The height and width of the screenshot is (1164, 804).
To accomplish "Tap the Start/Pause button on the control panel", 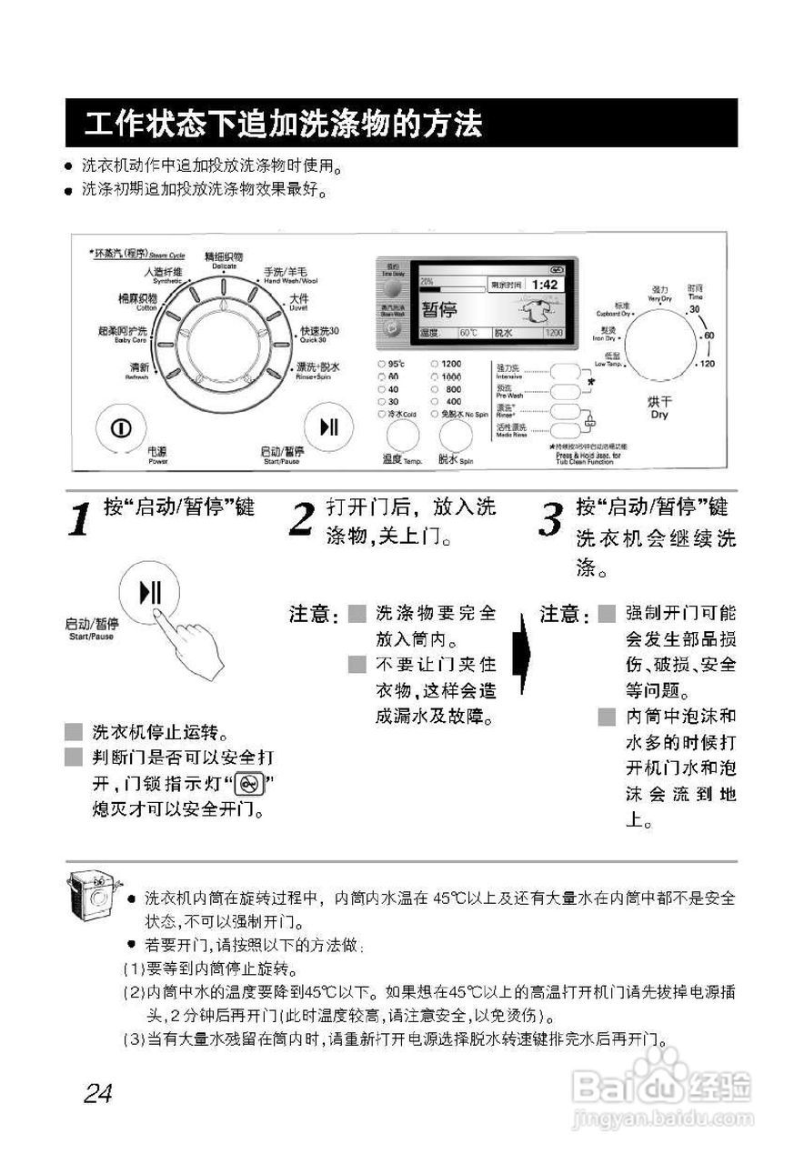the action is click(327, 427).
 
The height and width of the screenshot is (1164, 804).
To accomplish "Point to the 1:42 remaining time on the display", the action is click(545, 285).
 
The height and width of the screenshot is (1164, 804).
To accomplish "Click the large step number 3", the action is click(550, 520).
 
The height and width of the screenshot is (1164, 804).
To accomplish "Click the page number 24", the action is click(97, 1093).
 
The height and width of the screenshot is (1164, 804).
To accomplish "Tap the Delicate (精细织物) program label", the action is click(223, 260).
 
